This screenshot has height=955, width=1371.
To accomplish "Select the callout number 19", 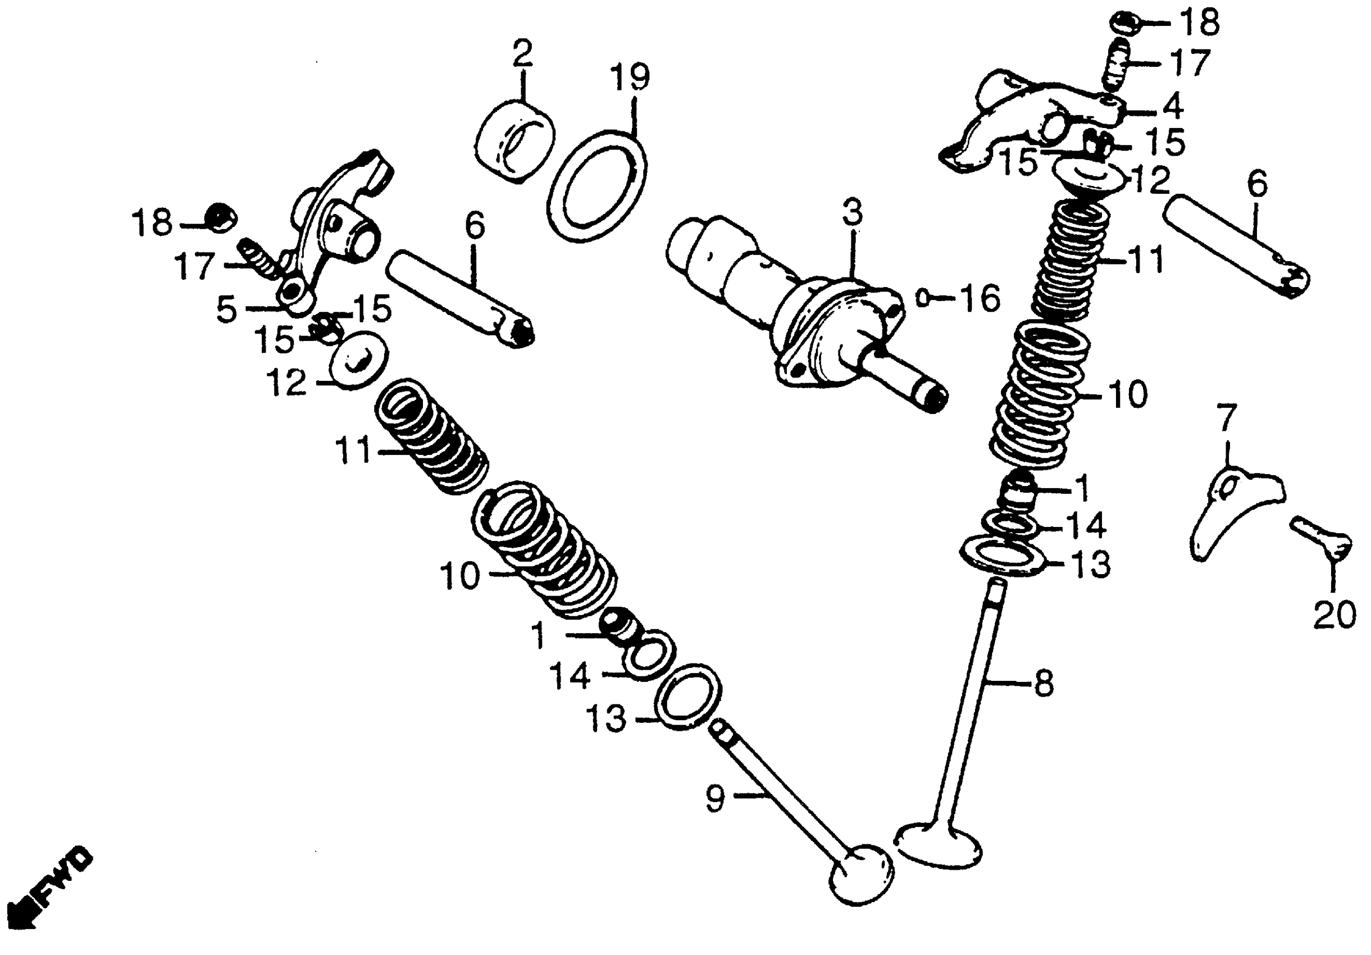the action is tap(630, 78).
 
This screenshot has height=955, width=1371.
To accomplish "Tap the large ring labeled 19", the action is tap(597, 187).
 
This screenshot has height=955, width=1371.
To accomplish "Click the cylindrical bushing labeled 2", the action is tap(514, 143).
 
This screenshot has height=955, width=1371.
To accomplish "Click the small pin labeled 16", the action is tap(923, 297).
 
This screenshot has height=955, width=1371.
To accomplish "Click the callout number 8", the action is tap(1044, 684).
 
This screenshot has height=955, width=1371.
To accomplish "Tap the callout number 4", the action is tap(1172, 107).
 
